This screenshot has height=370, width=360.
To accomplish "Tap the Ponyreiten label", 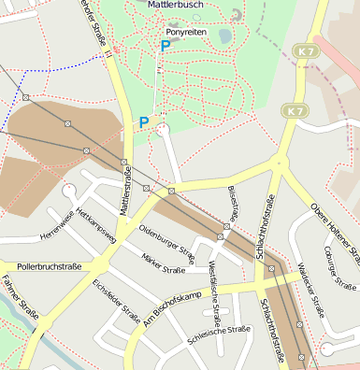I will point(184,31).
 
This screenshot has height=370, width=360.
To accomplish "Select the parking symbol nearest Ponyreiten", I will point(166,45).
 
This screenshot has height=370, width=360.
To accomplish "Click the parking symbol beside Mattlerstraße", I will point(144,121).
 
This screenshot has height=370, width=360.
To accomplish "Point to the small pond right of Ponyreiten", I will point(224,36).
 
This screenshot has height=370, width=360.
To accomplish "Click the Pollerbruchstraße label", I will point(49,266).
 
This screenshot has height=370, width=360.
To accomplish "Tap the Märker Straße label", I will point(163,265).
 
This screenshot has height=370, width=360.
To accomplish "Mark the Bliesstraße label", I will point(233,202).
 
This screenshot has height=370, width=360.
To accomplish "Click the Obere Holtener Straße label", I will point(334,229).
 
